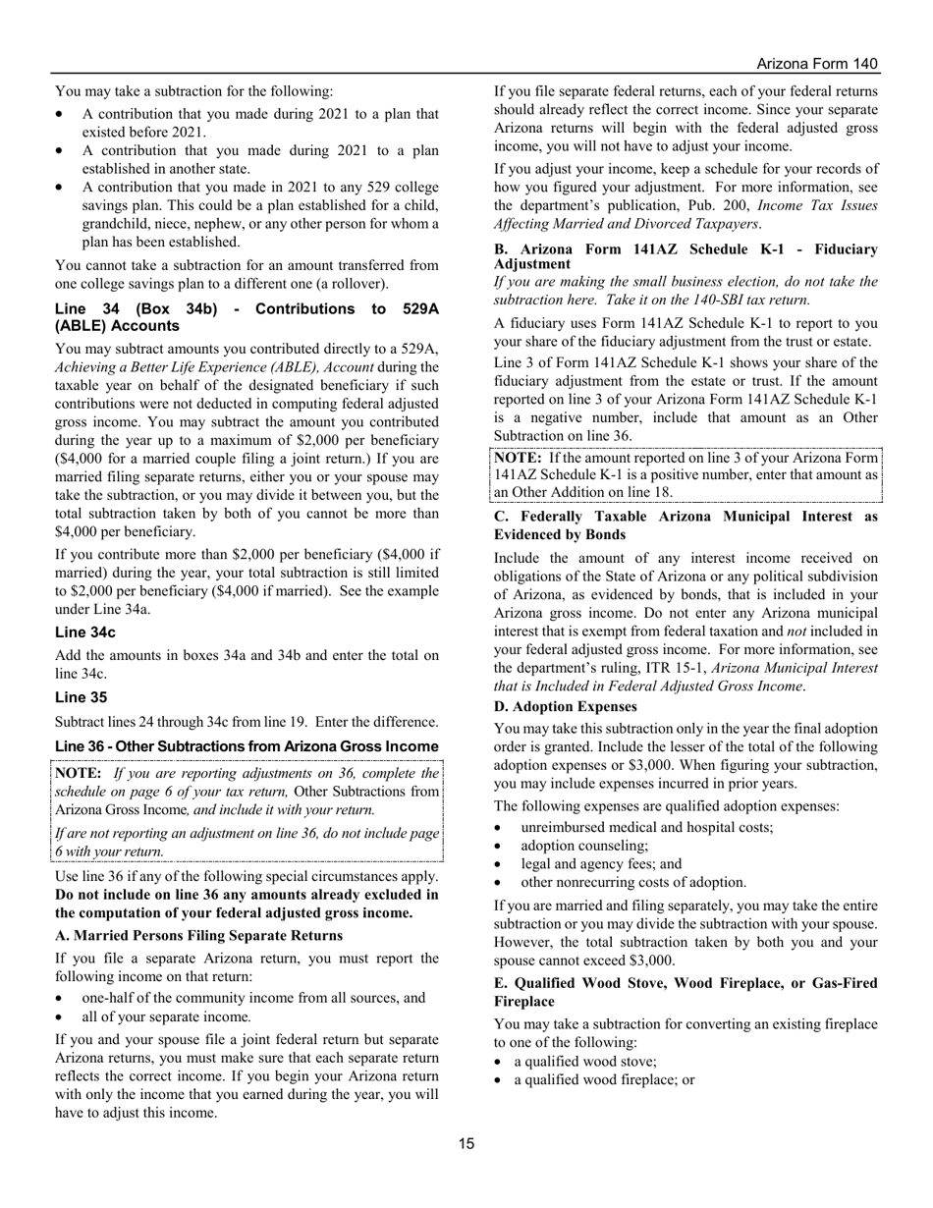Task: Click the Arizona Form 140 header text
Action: pyautogui.click(x=817, y=64)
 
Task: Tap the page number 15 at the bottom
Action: pyautogui.click(x=466, y=1143)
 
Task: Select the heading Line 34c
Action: pyautogui.click(x=85, y=632)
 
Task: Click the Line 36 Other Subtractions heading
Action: pyautogui.click(x=247, y=746)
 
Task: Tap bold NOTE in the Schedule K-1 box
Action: pyautogui.click(x=517, y=458)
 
